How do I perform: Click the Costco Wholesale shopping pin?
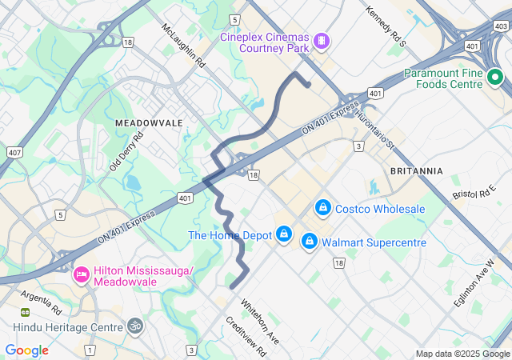click(x=322, y=209)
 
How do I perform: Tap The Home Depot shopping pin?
click(x=283, y=234)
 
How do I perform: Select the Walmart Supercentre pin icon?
click(x=309, y=241)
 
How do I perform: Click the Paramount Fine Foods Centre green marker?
click(x=494, y=78)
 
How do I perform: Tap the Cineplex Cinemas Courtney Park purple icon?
click(x=321, y=40)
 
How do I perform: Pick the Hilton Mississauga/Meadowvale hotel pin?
click(x=81, y=275)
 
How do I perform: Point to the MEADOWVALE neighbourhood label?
click(x=149, y=123)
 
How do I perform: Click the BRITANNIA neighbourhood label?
click(x=416, y=171)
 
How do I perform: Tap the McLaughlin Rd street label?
click(x=184, y=44)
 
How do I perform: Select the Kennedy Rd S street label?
click(x=386, y=26)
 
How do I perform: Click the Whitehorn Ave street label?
click(x=260, y=321)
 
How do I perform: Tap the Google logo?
click(x=26, y=350)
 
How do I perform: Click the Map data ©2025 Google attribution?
click(x=462, y=354)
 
